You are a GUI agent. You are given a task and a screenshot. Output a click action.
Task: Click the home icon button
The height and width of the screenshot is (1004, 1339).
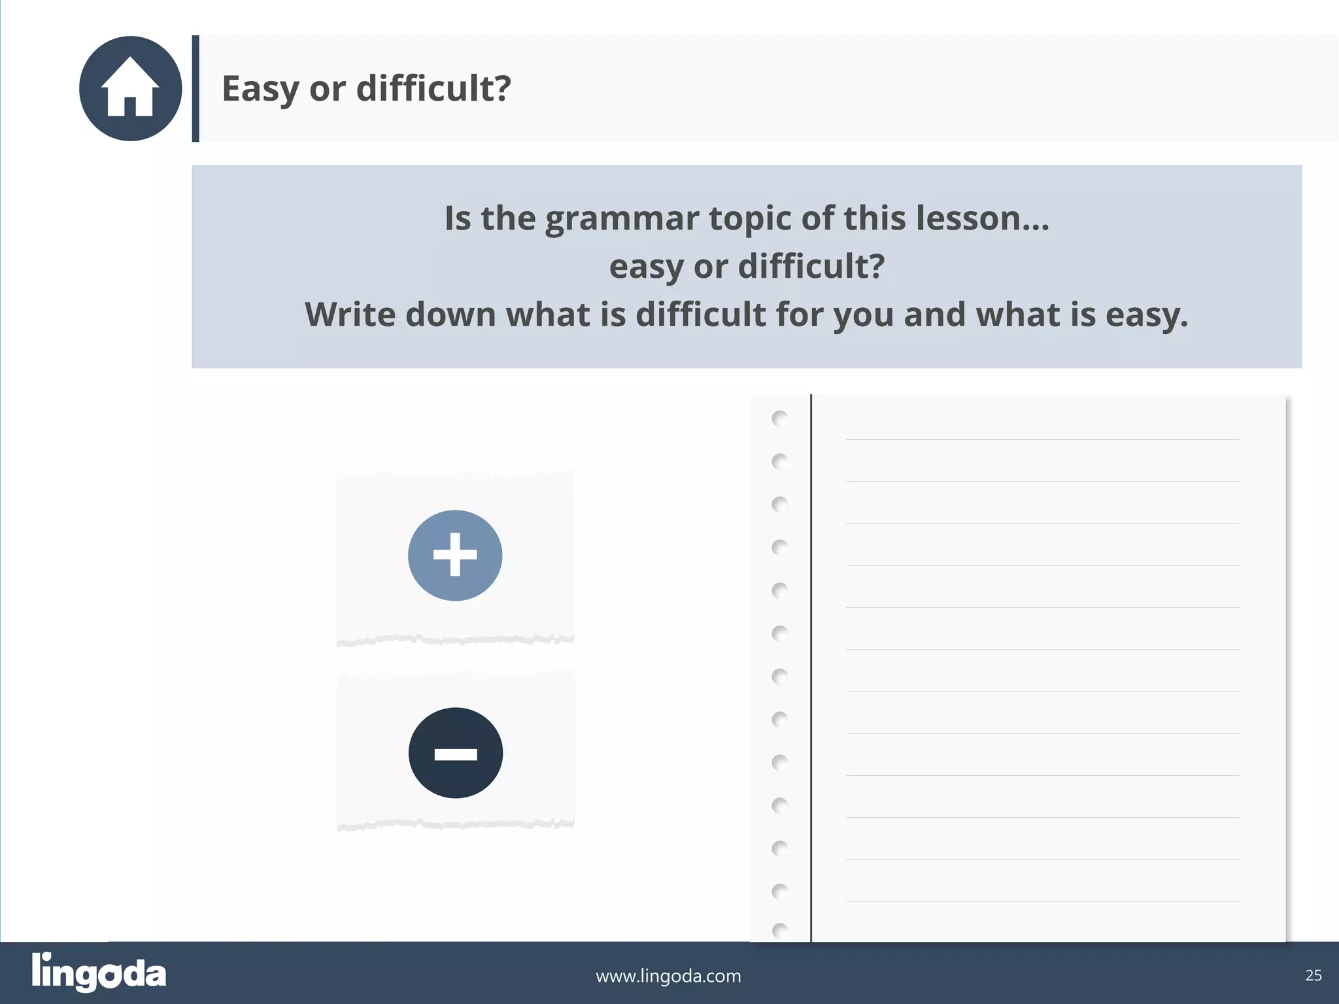coord(130,88)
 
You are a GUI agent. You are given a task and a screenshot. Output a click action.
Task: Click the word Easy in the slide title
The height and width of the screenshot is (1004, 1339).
coord(260,89)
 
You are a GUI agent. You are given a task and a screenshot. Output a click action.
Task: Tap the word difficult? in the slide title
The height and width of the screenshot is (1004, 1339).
coord(433,88)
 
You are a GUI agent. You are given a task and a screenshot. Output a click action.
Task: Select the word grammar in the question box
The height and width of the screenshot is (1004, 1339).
coord(622,219)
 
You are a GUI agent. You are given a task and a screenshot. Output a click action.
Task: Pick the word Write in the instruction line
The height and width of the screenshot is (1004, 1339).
coord(350,314)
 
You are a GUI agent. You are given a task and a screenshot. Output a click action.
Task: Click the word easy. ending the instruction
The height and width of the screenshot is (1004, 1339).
coord(1147,316)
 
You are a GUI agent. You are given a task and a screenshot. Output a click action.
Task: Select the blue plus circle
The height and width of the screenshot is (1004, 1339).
coord(455,555)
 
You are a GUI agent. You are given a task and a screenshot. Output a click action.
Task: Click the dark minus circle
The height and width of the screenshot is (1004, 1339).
coord(456,753)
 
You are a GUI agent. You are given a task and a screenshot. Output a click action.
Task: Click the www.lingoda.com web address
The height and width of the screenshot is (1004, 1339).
coord(668,976)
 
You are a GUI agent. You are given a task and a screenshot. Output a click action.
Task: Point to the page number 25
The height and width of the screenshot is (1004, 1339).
coord(1314,975)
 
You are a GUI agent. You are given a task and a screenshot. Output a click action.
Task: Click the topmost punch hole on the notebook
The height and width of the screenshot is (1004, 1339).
coord(779,418)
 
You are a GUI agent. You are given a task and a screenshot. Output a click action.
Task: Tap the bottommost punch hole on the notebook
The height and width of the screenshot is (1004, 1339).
coord(779,929)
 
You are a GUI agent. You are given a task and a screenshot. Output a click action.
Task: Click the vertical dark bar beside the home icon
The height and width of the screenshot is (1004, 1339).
coord(195,88)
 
